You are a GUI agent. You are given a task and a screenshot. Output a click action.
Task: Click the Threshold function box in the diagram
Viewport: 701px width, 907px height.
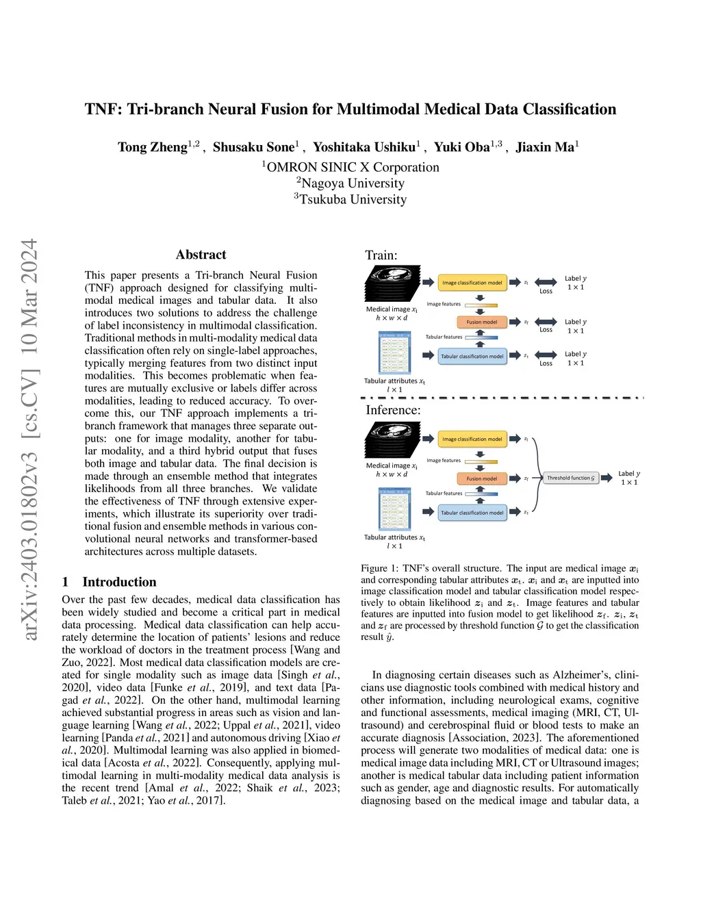click(x=571, y=478)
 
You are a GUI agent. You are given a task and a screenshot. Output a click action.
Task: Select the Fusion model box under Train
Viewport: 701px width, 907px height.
click(x=481, y=322)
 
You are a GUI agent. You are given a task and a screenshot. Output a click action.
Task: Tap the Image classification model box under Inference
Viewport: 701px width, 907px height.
click(x=472, y=439)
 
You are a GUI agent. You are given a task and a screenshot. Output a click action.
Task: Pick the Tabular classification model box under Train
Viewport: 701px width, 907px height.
click(x=472, y=356)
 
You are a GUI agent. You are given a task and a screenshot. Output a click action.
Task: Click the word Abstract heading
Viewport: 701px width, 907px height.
click(x=201, y=255)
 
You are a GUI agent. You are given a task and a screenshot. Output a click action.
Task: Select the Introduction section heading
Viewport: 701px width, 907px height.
click(x=119, y=582)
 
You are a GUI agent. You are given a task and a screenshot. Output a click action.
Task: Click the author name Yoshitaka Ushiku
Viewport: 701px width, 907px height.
click(x=364, y=147)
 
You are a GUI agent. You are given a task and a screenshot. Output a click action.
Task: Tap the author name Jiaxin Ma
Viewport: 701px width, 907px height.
click(x=545, y=147)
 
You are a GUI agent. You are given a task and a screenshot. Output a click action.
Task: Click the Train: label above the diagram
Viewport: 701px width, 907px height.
click(x=381, y=255)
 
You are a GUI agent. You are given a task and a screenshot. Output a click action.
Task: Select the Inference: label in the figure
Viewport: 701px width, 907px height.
click(x=393, y=410)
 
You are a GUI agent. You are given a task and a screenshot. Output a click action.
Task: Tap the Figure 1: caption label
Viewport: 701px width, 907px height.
click(x=379, y=568)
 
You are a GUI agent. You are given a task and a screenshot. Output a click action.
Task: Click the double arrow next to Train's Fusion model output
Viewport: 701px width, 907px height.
click(x=546, y=322)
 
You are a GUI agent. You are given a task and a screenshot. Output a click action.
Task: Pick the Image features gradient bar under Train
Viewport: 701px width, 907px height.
click(x=481, y=305)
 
